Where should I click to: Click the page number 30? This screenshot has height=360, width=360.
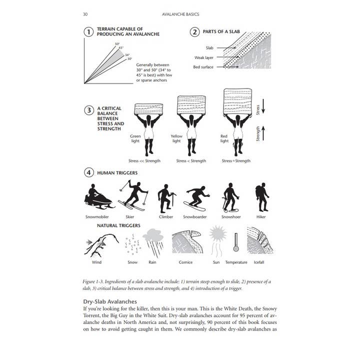pyautogui.click(x=85, y=14)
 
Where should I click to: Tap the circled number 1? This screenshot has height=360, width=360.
pyautogui.click(x=88, y=32)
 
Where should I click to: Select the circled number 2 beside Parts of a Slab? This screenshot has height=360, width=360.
pyautogui.click(x=194, y=32)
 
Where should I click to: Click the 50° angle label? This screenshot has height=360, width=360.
pyautogui.click(x=116, y=44)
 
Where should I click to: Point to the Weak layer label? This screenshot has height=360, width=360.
pyautogui.click(x=204, y=57)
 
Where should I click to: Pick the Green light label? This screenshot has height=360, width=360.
pyautogui.click(x=135, y=138)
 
